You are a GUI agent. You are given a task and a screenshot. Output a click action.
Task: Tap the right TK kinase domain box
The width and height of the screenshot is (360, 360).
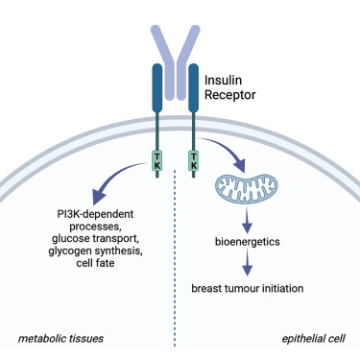click(x=196, y=156)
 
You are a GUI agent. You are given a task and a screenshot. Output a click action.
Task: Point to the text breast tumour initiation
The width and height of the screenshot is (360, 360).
click(x=248, y=286)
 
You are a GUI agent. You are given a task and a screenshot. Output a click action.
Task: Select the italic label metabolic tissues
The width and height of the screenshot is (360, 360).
click(x=60, y=339)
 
